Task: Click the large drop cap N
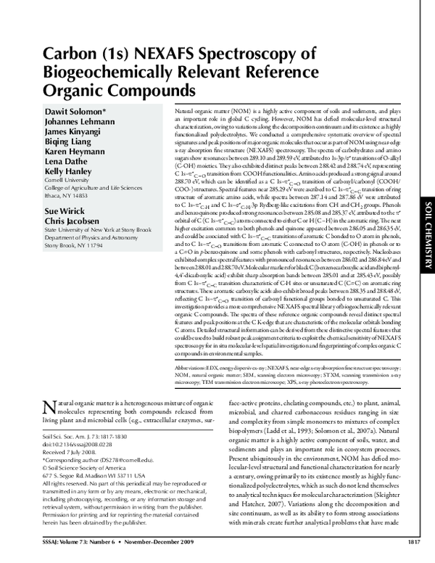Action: (50, 408)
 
